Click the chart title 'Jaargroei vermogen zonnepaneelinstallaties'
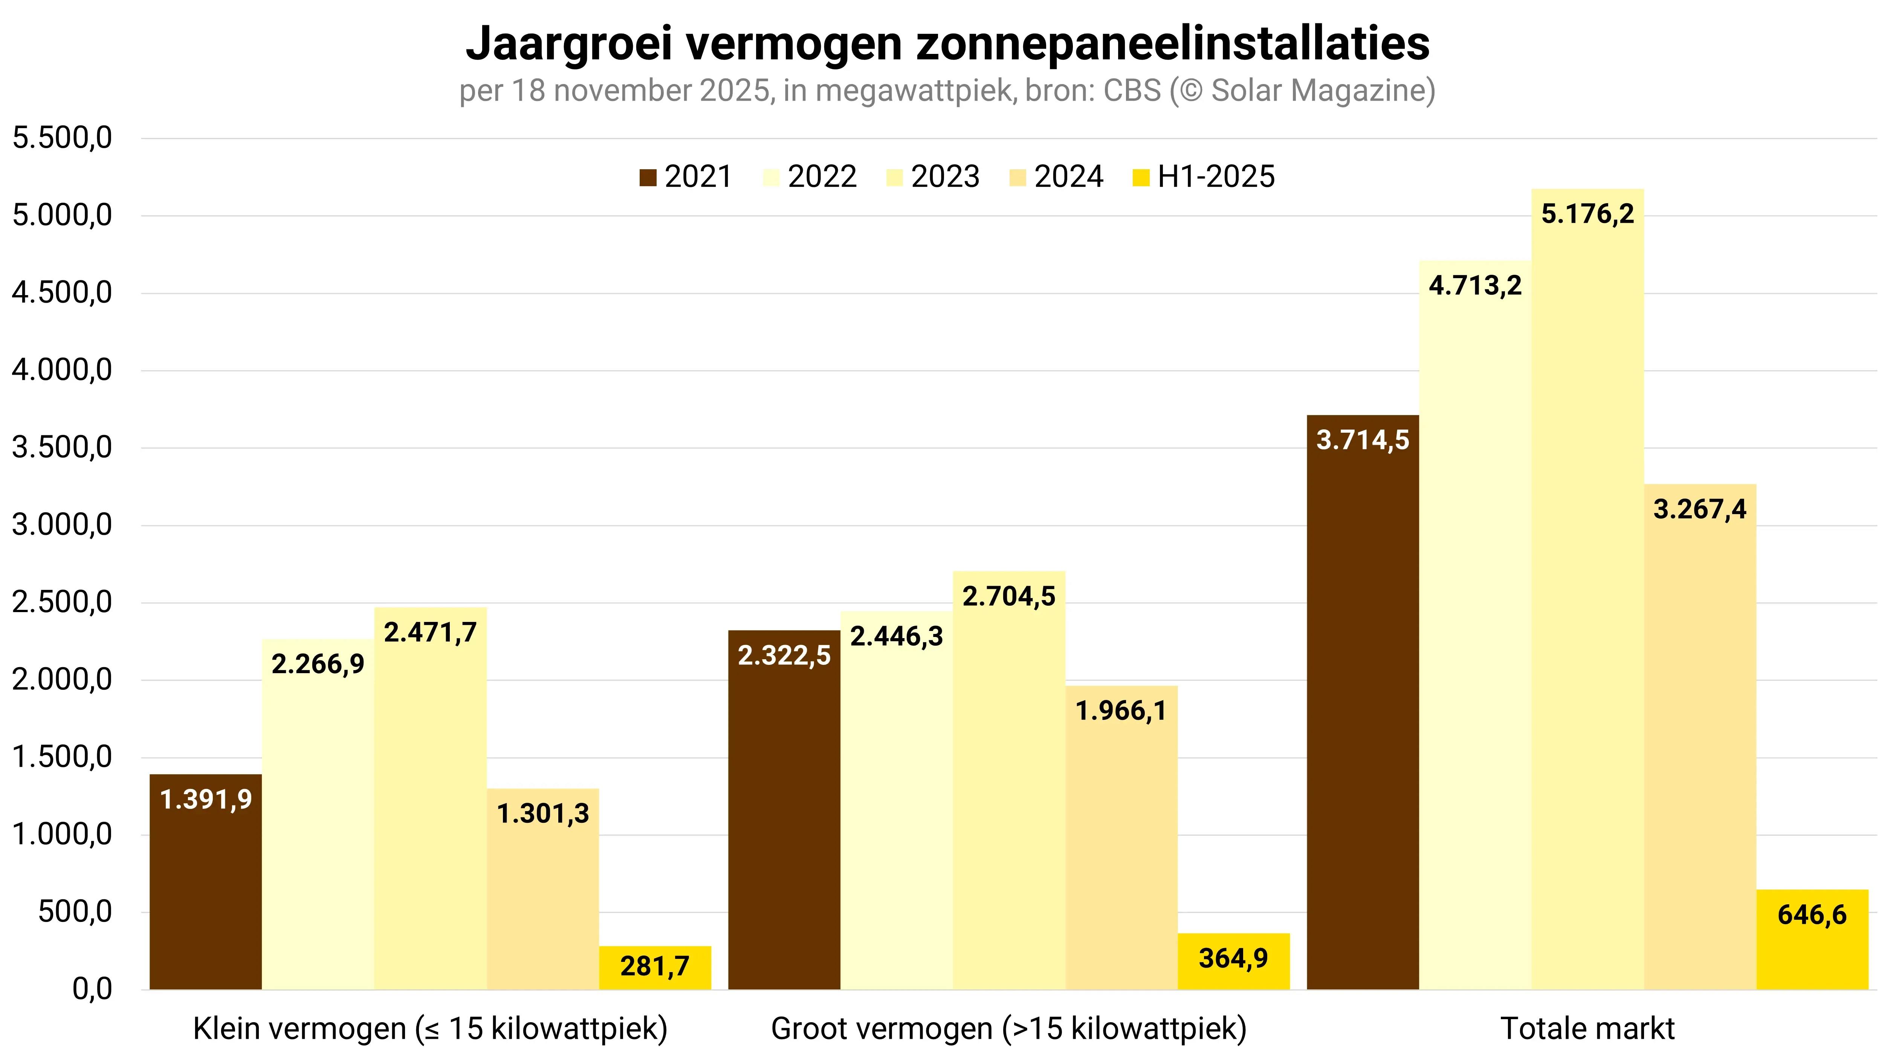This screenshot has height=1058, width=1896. click(x=947, y=44)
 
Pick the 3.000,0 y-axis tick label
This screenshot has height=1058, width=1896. click(x=63, y=525)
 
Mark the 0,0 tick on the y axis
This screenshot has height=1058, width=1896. click(x=92, y=989)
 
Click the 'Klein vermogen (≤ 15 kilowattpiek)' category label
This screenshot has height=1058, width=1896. click(x=430, y=1029)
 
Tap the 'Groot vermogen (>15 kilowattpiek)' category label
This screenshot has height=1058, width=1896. click(x=1008, y=1029)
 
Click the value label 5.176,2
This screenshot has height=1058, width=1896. click(x=1587, y=214)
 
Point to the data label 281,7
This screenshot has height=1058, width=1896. click(x=654, y=966)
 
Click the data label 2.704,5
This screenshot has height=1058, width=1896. click(x=1008, y=596)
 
